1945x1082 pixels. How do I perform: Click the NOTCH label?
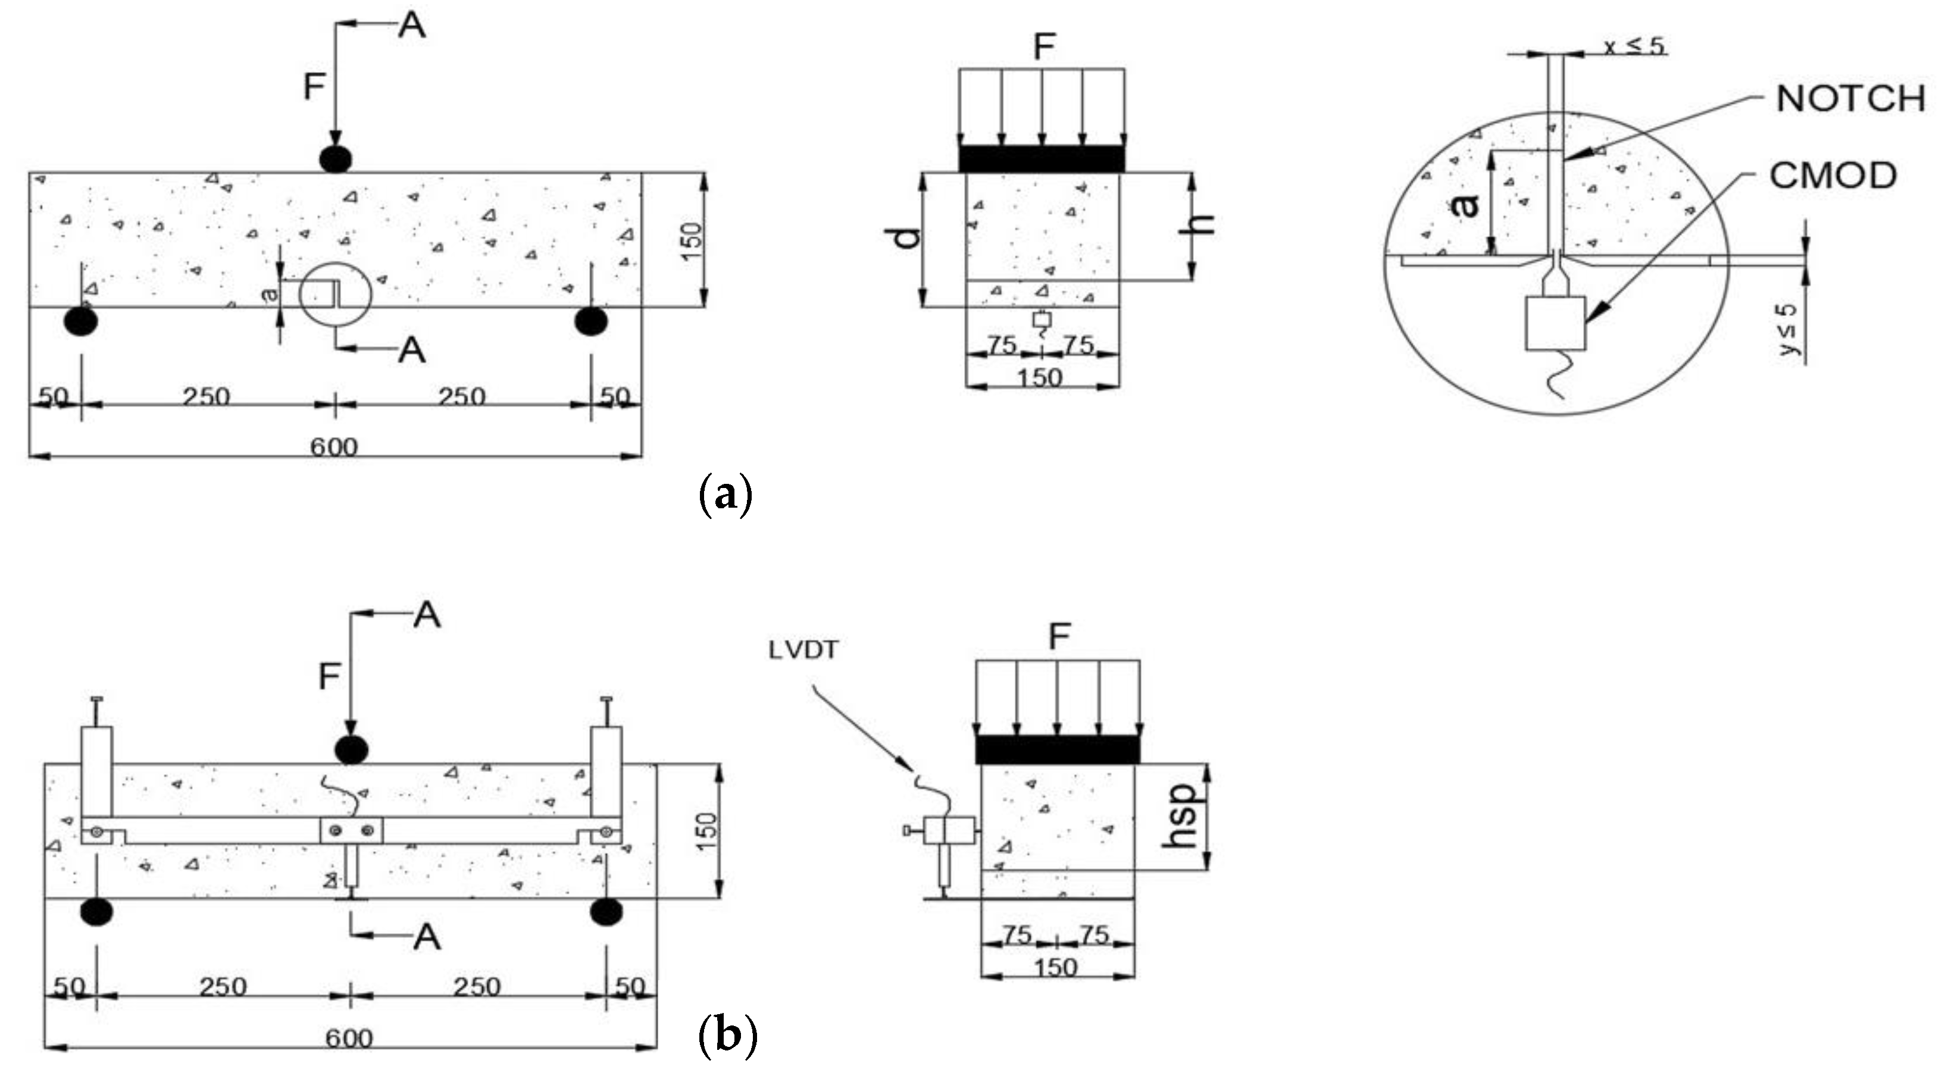pyautogui.click(x=1850, y=99)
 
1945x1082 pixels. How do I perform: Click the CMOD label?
pyautogui.click(x=1833, y=176)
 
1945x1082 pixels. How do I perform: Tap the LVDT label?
pyautogui.click(x=803, y=650)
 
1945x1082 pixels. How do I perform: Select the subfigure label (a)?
pyautogui.click(x=726, y=495)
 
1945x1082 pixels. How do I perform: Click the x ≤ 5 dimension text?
pyautogui.click(x=1633, y=47)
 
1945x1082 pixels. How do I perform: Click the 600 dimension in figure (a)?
pyautogui.click(x=334, y=447)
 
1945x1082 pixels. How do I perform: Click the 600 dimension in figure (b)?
pyautogui.click(x=349, y=1038)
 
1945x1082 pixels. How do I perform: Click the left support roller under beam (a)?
pyautogui.click(x=81, y=321)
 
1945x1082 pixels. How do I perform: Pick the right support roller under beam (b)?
pyautogui.click(x=606, y=912)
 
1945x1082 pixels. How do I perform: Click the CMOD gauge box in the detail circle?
pyautogui.click(x=1555, y=323)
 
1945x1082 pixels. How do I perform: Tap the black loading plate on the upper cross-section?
pyautogui.click(x=1041, y=158)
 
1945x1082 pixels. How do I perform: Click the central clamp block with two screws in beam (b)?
pyautogui.click(x=351, y=831)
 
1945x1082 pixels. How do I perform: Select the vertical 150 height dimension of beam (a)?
pyautogui.click(x=691, y=240)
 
